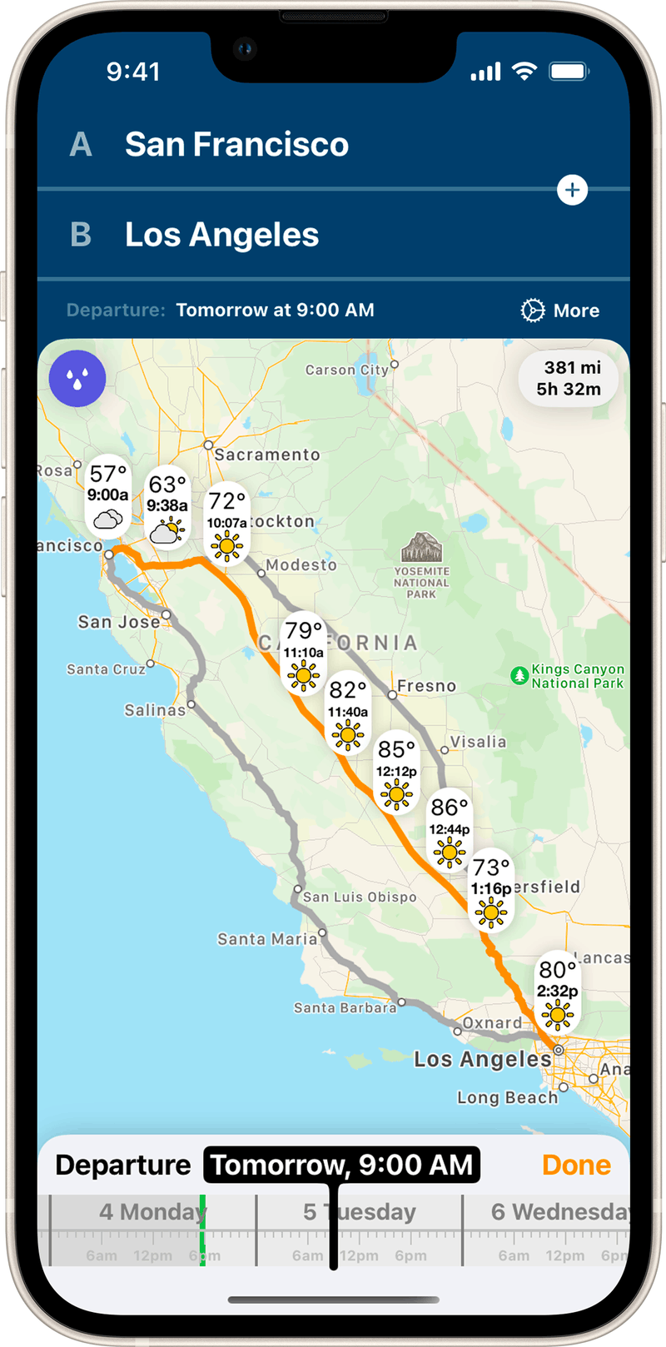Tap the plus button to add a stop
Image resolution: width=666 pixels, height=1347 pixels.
pos(572,190)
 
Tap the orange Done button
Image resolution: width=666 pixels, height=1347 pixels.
pos(576,1165)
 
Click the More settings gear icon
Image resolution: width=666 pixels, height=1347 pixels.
pos(532,311)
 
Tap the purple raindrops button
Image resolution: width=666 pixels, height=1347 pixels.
pos(77,379)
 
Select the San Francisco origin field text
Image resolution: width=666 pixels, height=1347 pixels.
pos(236,145)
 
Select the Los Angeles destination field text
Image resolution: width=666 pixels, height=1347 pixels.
pos(221,235)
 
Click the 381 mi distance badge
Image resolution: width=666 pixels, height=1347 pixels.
pos(569,378)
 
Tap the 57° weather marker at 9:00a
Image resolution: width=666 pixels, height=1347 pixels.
pos(108,495)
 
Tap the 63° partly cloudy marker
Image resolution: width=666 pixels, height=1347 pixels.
pos(167,506)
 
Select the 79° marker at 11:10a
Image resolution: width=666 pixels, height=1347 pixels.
pos(303,653)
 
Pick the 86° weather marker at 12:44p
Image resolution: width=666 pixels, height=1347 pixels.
pos(450,828)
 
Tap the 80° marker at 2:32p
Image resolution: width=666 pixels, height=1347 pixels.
pos(557,991)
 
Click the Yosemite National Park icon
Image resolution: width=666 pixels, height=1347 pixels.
pos(421,548)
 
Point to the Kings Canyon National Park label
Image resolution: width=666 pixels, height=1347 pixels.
pos(577,676)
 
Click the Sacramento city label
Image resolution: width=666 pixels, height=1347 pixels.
pos(266,455)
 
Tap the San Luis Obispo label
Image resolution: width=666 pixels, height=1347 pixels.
pos(360,897)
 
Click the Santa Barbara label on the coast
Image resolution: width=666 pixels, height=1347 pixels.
pos(345,1007)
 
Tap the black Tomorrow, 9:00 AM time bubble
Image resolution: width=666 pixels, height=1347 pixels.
pos(342,1165)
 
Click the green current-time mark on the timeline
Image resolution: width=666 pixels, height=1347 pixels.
pos(202,1232)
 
